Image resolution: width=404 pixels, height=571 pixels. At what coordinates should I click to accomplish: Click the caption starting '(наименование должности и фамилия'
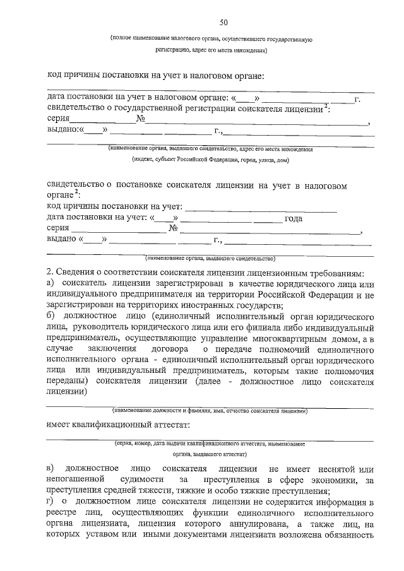pos(210,411)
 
